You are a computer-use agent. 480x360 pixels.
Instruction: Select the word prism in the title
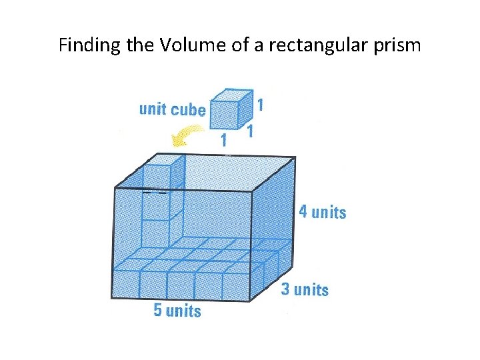click(395, 45)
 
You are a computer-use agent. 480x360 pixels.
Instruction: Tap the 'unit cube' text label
click(172, 109)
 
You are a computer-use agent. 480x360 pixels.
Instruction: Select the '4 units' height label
click(322, 212)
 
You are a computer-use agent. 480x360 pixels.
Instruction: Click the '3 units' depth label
click(305, 289)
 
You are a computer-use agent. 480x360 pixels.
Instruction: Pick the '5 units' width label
click(177, 310)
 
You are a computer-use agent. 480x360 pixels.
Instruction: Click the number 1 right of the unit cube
click(260, 105)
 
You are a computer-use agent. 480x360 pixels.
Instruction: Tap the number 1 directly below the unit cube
click(224, 140)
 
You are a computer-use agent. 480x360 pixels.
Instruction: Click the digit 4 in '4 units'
click(303, 212)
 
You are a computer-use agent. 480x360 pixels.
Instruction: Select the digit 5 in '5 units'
click(157, 310)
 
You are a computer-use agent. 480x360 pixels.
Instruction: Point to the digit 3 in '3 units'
click(285, 289)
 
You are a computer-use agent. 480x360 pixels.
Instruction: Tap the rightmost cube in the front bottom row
click(236, 285)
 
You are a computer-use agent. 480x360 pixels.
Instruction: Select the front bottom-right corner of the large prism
click(251, 300)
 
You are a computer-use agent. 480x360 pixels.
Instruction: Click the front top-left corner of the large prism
click(114, 188)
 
